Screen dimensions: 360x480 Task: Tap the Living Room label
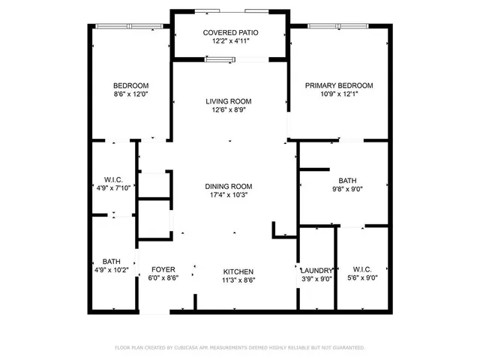point(229,101)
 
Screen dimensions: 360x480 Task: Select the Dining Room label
point(229,186)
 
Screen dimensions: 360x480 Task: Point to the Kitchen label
point(238,271)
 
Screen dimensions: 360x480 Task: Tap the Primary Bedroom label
point(338,85)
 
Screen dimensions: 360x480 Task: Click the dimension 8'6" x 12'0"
point(131,94)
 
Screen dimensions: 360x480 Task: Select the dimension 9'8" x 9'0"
point(347,190)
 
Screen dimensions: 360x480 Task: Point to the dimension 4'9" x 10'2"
point(111,270)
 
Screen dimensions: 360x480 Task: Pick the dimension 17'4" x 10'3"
point(229,194)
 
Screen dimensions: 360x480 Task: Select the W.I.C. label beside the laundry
point(362,269)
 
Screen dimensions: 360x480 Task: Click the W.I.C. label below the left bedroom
point(113,180)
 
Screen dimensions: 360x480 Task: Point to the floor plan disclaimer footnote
point(239,348)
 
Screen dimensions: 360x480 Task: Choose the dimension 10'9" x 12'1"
point(338,94)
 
